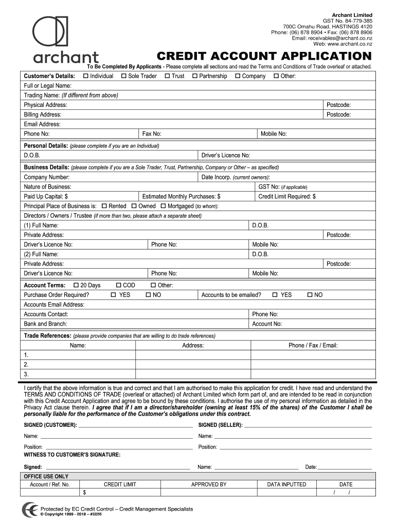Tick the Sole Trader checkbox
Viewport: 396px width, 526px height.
coord(124,76)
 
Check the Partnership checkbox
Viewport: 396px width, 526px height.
coord(195,76)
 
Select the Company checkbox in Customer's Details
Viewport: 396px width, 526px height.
coord(238,76)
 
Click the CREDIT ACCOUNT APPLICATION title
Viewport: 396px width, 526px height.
coord(264,56)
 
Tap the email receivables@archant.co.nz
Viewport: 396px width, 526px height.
coord(332,38)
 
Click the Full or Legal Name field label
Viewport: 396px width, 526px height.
coord(48,86)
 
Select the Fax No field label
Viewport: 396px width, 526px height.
coord(152,134)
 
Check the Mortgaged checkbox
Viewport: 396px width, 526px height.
coord(164,206)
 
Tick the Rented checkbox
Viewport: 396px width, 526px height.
coord(105,206)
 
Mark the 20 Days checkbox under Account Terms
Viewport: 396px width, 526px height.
coord(77,285)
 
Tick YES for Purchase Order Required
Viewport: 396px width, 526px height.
coord(114,295)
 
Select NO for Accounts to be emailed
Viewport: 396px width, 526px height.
coord(310,295)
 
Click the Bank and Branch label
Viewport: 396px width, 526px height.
coord(46,324)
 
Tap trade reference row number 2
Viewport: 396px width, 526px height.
coord(26,364)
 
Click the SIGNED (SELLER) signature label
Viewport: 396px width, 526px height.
coord(221,425)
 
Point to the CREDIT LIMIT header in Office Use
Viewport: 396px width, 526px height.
coord(120,484)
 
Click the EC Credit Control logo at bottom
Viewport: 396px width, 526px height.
coord(29,510)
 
